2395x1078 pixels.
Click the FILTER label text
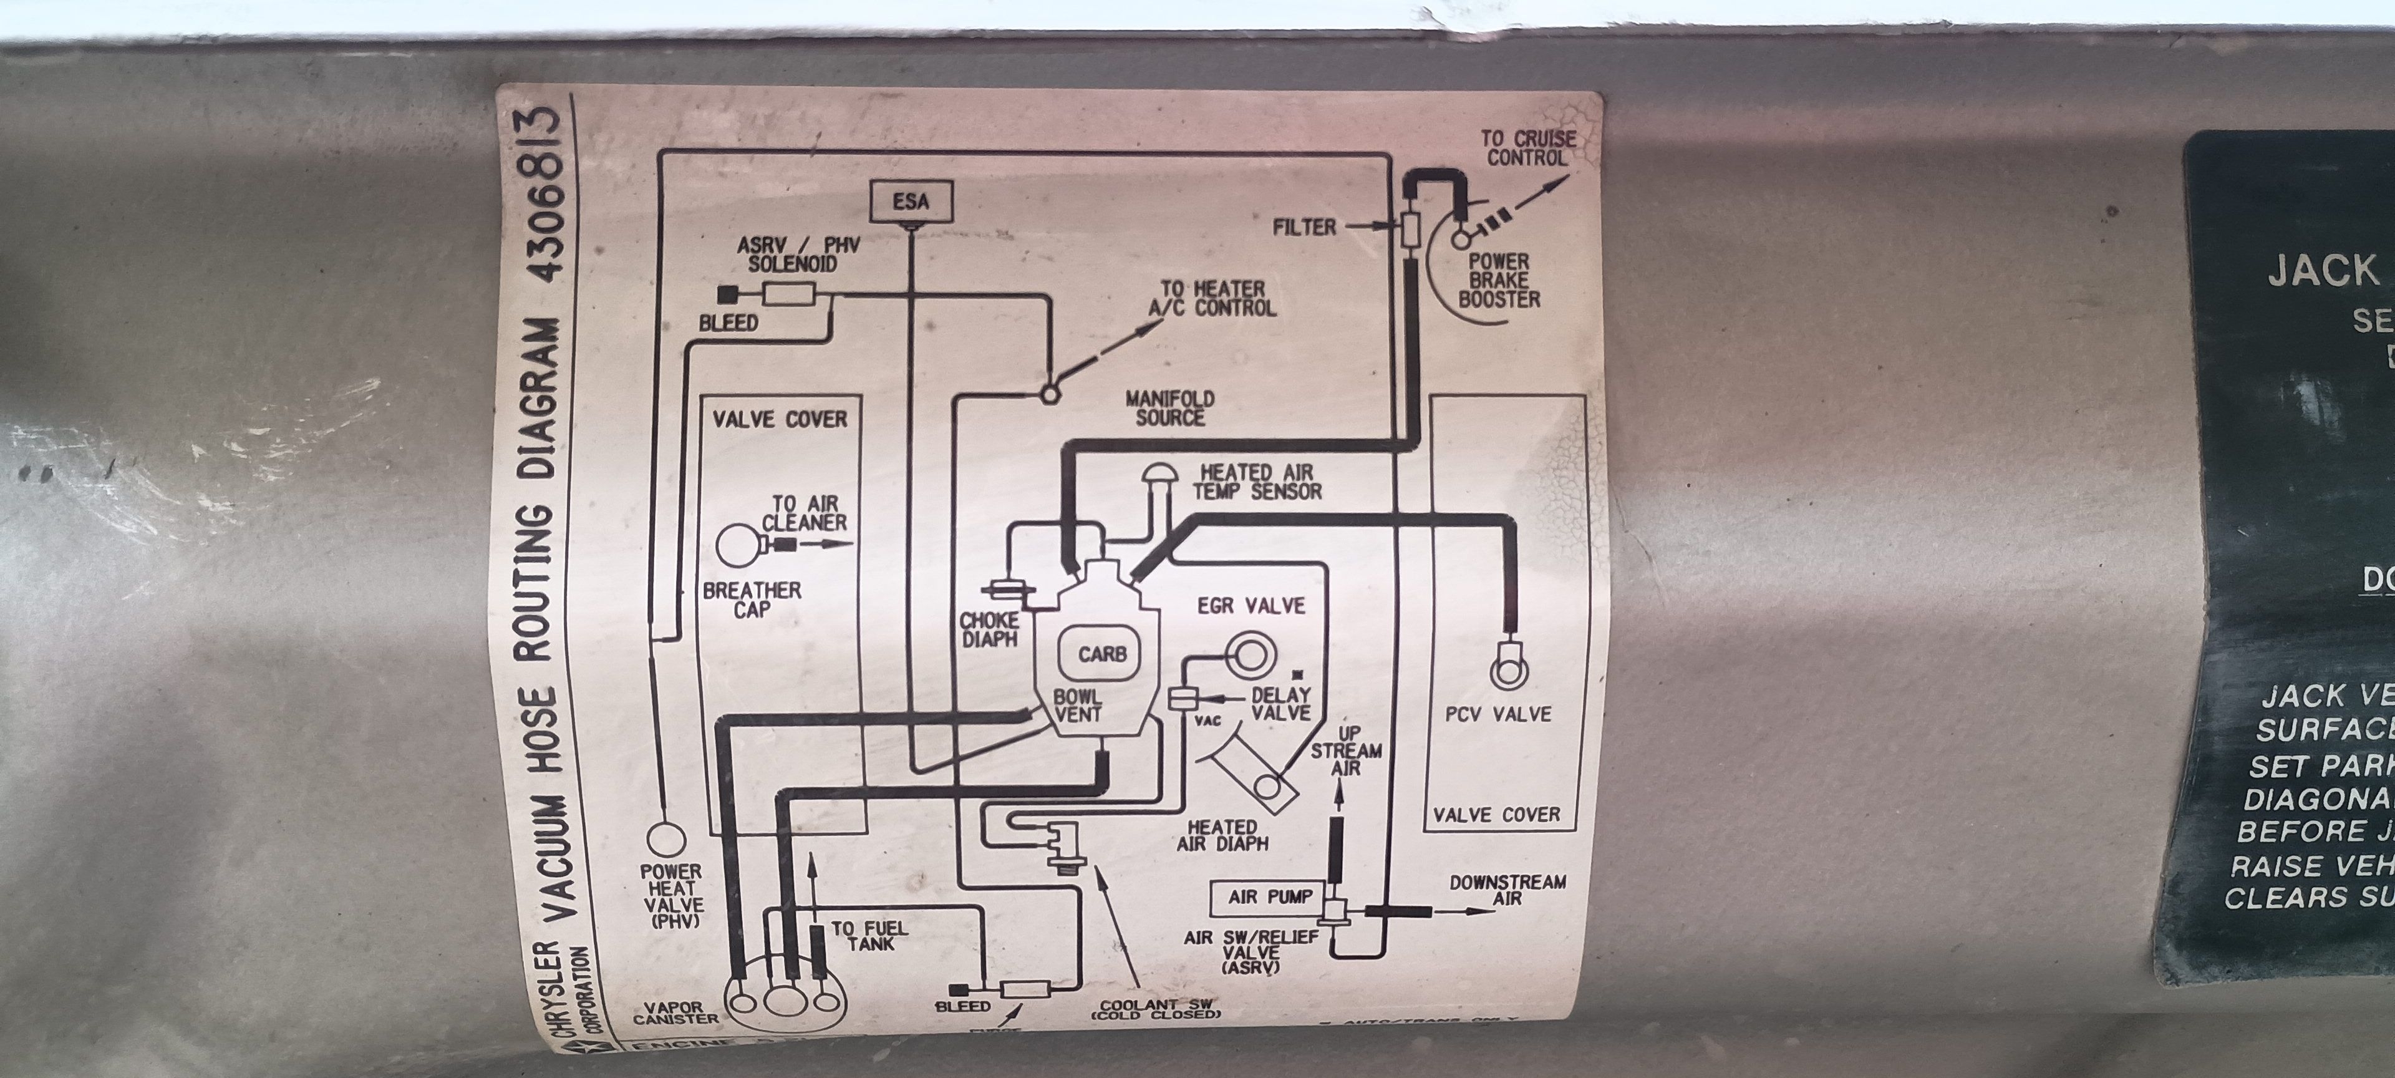1304,227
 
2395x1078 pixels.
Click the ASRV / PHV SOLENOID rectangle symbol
788,295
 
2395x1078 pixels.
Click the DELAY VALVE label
1280,704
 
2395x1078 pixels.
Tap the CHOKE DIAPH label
989,629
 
